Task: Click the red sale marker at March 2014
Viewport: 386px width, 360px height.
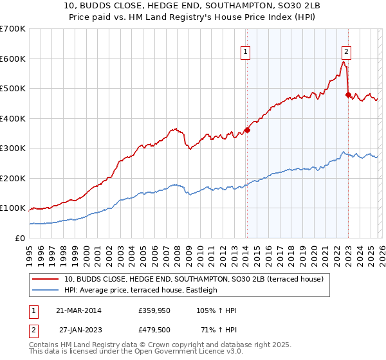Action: (x=247, y=130)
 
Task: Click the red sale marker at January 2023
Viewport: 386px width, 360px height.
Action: (x=348, y=94)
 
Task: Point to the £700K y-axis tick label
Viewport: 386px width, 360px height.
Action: (x=12, y=29)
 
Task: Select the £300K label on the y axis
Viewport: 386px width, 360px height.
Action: (x=12, y=148)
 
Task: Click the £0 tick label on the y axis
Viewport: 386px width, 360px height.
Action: (x=20, y=238)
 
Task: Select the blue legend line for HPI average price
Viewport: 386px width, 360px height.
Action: (x=46, y=291)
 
